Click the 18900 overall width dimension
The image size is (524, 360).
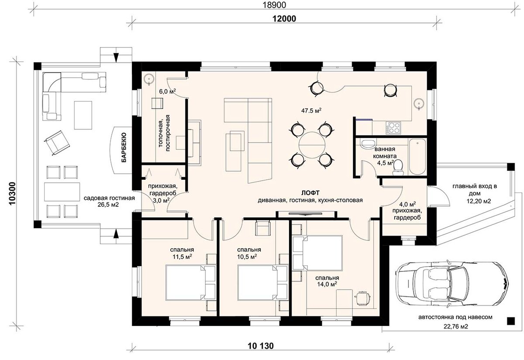click(x=274, y=5)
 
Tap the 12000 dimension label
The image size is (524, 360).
click(x=284, y=19)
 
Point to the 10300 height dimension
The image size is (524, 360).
click(x=12, y=194)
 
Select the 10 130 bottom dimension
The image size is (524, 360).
click(x=261, y=346)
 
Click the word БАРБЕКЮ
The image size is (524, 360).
click(x=124, y=147)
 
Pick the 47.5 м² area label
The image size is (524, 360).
click(x=311, y=110)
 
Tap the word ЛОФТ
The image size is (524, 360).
click(x=310, y=193)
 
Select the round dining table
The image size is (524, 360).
click(x=312, y=145)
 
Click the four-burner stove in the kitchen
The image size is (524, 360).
click(x=393, y=128)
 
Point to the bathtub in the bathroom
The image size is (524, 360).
click(x=417, y=157)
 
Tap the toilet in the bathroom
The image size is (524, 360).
click(x=398, y=168)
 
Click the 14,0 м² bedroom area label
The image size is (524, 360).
click(x=327, y=284)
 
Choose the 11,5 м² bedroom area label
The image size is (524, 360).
click(x=182, y=257)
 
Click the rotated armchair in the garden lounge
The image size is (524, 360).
click(x=57, y=143)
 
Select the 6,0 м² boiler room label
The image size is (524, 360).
click(x=168, y=91)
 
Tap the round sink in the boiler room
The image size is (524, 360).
click(x=148, y=79)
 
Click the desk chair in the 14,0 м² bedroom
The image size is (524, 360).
click(x=362, y=298)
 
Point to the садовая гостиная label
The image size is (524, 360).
click(x=109, y=198)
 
